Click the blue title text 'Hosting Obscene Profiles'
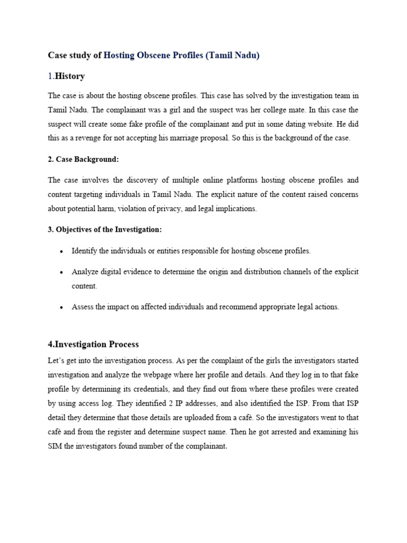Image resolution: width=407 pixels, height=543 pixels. click(x=153, y=55)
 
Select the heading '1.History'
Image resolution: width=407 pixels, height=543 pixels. click(x=66, y=76)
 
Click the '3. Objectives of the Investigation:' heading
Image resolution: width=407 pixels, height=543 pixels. click(x=104, y=229)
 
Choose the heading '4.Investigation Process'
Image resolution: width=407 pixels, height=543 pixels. click(x=93, y=344)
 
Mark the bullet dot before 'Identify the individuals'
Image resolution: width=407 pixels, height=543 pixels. click(x=62, y=251)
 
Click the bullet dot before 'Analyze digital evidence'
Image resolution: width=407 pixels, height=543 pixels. click(x=62, y=272)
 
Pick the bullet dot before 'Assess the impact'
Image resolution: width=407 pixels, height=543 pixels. click(x=62, y=307)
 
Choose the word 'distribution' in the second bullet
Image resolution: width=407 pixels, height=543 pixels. click(x=264, y=271)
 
